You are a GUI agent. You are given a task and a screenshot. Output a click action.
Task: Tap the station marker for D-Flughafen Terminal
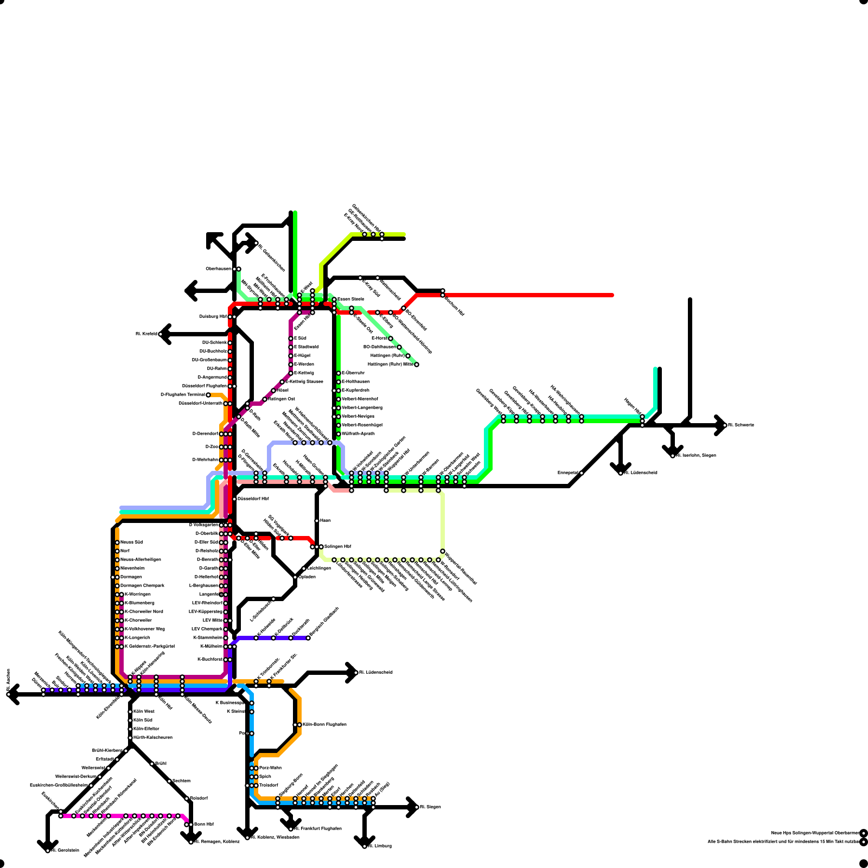pyautogui.click(x=208, y=395)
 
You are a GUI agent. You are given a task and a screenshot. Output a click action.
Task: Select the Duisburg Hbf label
pyautogui.click(x=213, y=316)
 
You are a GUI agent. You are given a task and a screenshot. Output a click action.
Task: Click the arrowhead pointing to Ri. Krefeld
pyautogui.click(x=163, y=334)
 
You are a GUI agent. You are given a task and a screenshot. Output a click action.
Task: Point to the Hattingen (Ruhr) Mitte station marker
pyautogui.click(x=417, y=365)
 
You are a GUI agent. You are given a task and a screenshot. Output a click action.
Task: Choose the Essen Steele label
pyautogui.click(x=350, y=299)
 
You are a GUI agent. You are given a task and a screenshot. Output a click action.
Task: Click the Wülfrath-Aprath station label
pyautogui.click(x=358, y=434)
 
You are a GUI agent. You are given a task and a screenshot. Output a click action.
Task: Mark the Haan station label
pyautogui.click(x=325, y=520)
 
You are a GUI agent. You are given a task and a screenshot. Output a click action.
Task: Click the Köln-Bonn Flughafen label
pyautogui.click(x=324, y=724)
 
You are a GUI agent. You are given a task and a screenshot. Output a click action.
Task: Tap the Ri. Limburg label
pyautogui.click(x=380, y=846)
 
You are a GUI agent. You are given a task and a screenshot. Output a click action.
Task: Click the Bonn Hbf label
pyautogui.click(x=203, y=824)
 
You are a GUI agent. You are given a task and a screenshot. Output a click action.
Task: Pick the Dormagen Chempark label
pyautogui.click(x=142, y=586)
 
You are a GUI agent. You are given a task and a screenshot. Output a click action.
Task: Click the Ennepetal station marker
pyautogui.click(x=582, y=473)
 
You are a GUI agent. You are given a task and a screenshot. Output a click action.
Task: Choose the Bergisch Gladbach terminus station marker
pyautogui.click(x=308, y=638)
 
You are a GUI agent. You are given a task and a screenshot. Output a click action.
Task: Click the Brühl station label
pyautogui.click(x=161, y=763)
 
